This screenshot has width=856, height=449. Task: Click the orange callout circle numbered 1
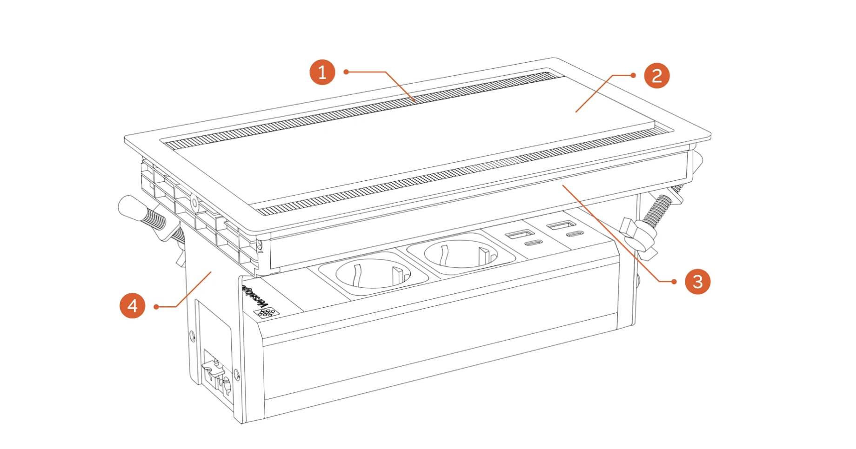pyautogui.click(x=322, y=72)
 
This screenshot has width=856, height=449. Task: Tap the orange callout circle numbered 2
pyautogui.click(x=656, y=76)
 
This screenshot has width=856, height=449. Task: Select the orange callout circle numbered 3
pyautogui.click(x=697, y=282)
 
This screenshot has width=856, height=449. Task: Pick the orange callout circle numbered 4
pyautogui.click(x=133, y=306)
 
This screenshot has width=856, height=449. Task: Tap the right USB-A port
pyautogui.click(x=561, y=225)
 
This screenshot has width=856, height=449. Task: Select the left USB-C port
pyautogui.click(x=533, y=243)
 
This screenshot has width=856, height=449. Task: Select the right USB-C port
pyautogui.click(x=575, y=234)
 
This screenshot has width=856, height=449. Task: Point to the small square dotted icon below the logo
pyautogui.click(x=266, y=312)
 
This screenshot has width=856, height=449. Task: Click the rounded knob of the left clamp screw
pyautogui.click(x=130, y=206)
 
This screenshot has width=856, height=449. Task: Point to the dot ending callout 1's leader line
pyautogui.click(x=346, y=72)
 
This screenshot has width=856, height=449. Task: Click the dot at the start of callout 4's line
pyautogui.click(x=156, y=307)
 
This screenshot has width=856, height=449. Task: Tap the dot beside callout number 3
pyautogui.click(x=674, y=282)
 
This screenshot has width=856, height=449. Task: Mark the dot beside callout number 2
pyautogui.click(x=633, y=75)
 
